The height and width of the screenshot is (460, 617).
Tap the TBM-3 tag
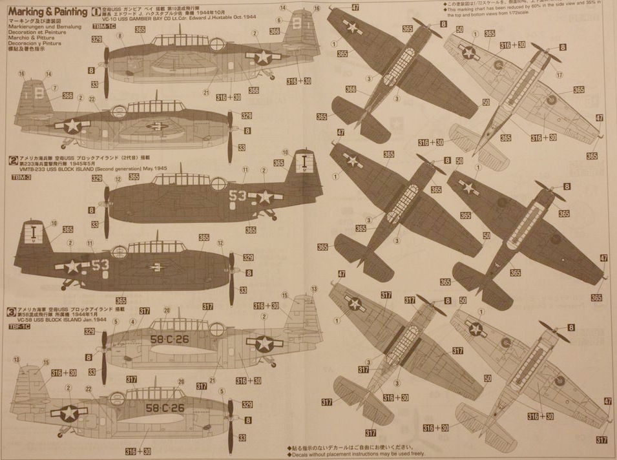click(x=21, y=176)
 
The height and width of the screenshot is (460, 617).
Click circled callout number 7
click(x=54, y=88)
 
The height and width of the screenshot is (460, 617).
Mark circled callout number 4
click(x=132, y=321)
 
